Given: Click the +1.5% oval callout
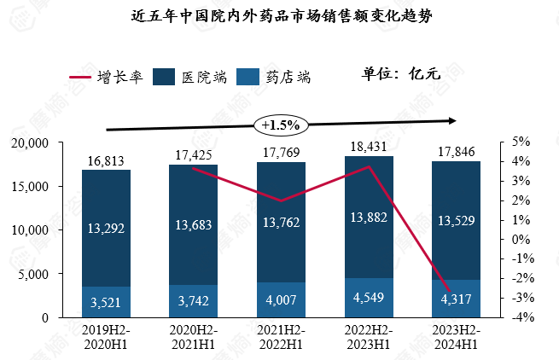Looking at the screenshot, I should [x=279, y=125].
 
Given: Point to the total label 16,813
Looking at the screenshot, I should [x=106, y=160].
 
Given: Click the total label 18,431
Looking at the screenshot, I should [x=368, y=147].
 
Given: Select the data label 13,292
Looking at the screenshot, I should [x=106, y=228].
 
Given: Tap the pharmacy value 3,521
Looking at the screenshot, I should [x=106, y=302].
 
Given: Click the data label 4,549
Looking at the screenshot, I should [x=368, y=299].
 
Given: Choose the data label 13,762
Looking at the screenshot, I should [x=281, y=224].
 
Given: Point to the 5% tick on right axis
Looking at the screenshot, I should [x=521, y=142].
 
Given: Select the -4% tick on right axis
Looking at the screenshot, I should [x=520, y=317].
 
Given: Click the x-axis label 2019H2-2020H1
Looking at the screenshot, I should [x=106, y=336].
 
